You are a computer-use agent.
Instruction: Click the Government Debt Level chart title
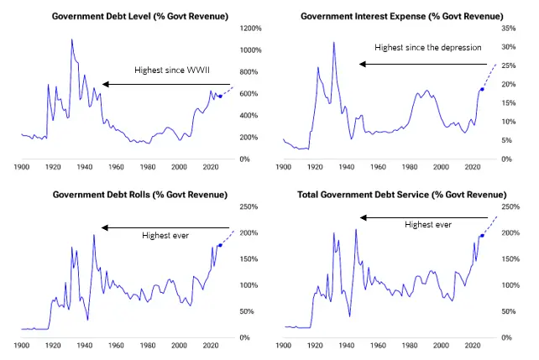[x=140, y=16]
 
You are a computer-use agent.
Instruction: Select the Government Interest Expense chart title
[x=402, y=16]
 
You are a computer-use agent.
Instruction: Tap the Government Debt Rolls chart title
[x=140, y=195]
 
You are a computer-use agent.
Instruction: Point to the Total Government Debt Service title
[x=402, y=195]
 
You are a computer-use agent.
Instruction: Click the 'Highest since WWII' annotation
[x=172, y=70]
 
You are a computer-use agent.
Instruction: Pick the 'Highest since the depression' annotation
[x=428, y=47]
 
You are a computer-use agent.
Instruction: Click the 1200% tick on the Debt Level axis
[x=250, y=29]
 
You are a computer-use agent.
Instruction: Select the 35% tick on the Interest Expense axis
[x=509, y=29]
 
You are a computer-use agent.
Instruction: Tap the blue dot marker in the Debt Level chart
[x=220, y=97]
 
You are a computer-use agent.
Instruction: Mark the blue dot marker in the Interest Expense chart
[x=482, y=89]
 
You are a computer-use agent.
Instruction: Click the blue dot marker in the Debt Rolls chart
[x=220, y=245]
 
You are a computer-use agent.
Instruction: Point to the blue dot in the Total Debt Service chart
[x=482, y=236]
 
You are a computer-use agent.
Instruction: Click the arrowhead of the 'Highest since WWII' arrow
[x=106, y=84]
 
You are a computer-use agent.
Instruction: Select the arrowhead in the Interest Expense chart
[x=363, y=64]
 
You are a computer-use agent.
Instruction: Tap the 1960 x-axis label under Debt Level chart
[x=116, y=167]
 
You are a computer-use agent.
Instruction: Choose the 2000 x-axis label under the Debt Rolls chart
[x=179, y=345]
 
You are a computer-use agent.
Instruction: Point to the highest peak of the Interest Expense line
[x=334, y=43]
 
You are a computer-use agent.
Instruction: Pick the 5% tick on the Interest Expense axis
[x=507, y=140]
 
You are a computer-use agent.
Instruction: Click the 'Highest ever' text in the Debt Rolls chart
[x=165, y=235]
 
